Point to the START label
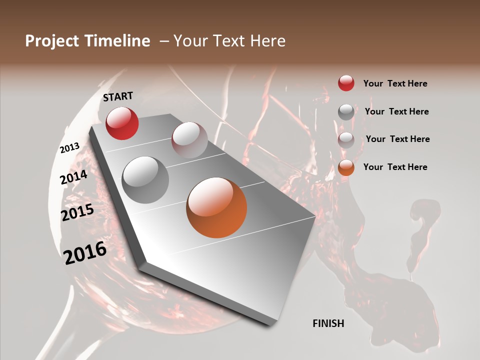118,96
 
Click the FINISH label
328,323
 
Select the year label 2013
69,148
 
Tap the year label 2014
73,177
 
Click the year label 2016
85,253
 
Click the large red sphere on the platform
122,123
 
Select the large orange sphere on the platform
216,207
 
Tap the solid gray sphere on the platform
145,179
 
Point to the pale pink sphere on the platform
189,140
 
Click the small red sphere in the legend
346,83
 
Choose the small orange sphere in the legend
346,167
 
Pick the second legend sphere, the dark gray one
346,112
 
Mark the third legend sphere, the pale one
346,140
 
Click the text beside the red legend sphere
395,83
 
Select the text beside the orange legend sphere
395,167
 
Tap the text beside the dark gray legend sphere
396,111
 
